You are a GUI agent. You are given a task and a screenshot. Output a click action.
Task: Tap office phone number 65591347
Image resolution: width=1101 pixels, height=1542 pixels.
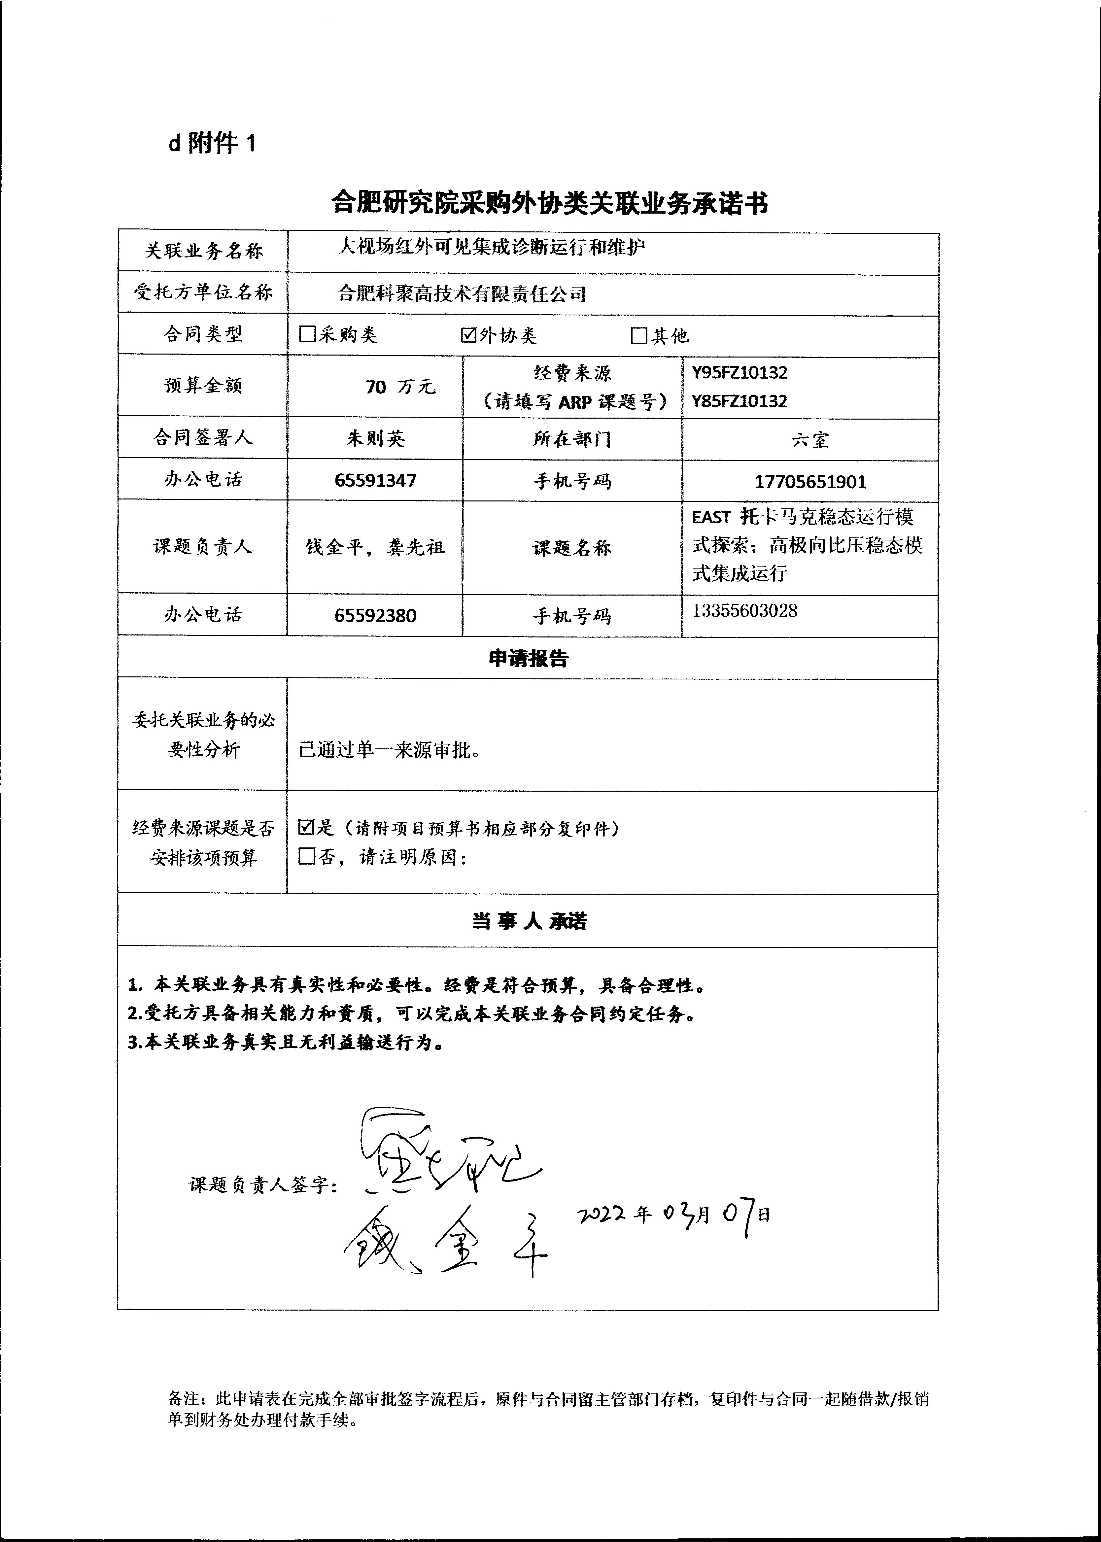point(376,481)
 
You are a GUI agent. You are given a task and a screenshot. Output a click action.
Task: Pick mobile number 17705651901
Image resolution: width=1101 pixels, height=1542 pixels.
point(810,482)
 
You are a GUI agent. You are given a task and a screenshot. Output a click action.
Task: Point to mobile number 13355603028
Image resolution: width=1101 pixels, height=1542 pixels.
point(744,611)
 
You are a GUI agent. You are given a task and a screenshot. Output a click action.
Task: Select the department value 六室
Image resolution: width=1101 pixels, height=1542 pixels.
point(810,440)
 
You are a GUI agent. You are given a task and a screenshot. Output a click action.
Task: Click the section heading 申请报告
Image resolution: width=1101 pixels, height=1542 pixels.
point(528,658)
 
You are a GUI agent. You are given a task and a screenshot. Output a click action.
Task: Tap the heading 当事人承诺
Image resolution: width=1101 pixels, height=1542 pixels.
point(528,921)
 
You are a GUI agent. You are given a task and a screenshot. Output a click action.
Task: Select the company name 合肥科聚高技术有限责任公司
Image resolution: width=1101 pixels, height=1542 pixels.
point(462,294)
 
